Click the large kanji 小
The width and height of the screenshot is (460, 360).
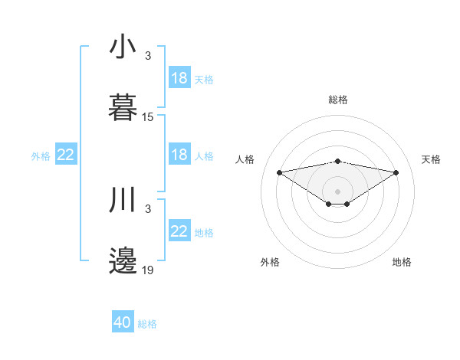[x=123, y=47]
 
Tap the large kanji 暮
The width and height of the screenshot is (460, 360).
[x=123, y=107]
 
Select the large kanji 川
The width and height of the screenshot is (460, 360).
[x=123, y=201]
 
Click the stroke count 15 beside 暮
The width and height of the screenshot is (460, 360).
[x=148, y=117]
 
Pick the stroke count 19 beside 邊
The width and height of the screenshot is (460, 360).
[x=148, y=270]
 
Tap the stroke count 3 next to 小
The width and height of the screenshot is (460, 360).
[x=148, y=57]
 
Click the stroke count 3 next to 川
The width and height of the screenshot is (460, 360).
[x=148, y=209]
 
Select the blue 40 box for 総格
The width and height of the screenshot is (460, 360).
[x=123, y=323]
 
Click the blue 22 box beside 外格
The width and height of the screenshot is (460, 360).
[x=66, y=155]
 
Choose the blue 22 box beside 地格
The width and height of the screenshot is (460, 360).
[x=179, y=232]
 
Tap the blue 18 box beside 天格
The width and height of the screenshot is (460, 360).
[x=179, y=78]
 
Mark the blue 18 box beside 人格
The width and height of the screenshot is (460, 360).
[x=179, y=155]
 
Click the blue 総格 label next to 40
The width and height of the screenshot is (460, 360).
[x=147, y=324]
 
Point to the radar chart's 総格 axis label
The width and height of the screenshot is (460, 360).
[x=337, y=100]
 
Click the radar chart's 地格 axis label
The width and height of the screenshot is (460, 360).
[x=402, y=262]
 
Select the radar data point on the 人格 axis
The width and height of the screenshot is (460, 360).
[x=279, y=172]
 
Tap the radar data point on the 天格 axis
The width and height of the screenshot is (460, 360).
[x=396, y=172]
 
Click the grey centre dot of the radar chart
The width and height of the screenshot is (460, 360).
[x=337, y=191]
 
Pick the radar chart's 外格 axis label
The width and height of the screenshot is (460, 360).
[x=270, y=262]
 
